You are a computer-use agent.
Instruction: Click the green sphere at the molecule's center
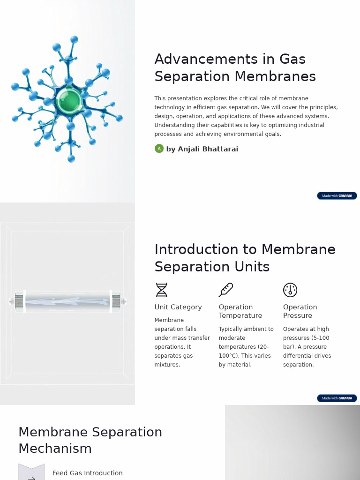[x=69, y=100]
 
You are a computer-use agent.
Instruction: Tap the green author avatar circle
[x=159, y=149]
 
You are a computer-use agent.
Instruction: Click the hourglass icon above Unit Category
[x=161, y=290]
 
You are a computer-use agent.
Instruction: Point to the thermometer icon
[x=225, y=290]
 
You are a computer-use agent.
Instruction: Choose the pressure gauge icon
[x=290, y=290]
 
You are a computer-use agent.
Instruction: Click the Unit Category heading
[x=178, y=307]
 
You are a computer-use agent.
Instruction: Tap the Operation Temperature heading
[x=240, y=311]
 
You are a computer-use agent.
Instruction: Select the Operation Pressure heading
[x=300, y=311]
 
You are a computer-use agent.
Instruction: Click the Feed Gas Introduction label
[x=88, y=473]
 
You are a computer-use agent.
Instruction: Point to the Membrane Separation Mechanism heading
[x=90, y=440]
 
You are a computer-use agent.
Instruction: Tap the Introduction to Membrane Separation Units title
[x=245, y=258]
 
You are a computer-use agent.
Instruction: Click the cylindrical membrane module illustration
[x=67, y=301]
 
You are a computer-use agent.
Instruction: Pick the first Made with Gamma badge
[x=337, y=195]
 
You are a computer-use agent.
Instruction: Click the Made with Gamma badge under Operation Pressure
[x=337, y=398]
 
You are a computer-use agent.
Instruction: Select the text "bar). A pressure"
[x=305, y=347]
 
